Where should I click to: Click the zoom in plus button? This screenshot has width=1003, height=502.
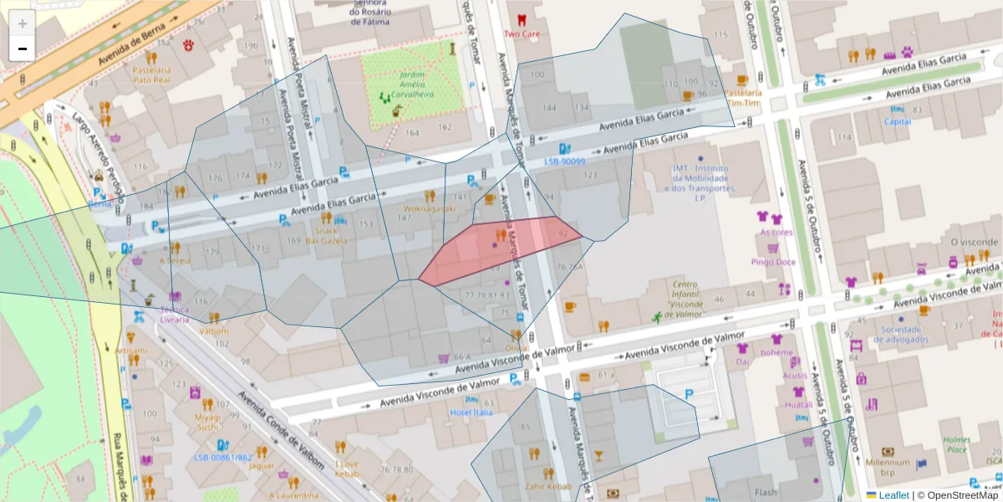(x=23, y=23)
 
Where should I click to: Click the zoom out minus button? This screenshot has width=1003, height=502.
(x=23, y=49)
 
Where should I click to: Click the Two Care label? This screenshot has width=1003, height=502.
(x=522, y=34)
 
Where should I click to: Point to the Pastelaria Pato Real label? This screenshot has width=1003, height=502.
(x=151, y=75)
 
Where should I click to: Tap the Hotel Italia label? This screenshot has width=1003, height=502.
(x=472, y=412)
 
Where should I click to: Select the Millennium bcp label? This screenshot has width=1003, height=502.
(x=888, y=467)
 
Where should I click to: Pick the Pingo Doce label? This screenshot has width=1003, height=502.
(x=773, y=262)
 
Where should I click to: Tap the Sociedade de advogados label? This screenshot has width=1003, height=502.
(x=902, y=334)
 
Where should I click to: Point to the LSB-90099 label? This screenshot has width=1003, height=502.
(x=565, y=161)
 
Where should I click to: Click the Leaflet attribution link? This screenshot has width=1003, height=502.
(x=894, y=495)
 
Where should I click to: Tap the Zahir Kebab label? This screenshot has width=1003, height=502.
(x=548, y=486)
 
